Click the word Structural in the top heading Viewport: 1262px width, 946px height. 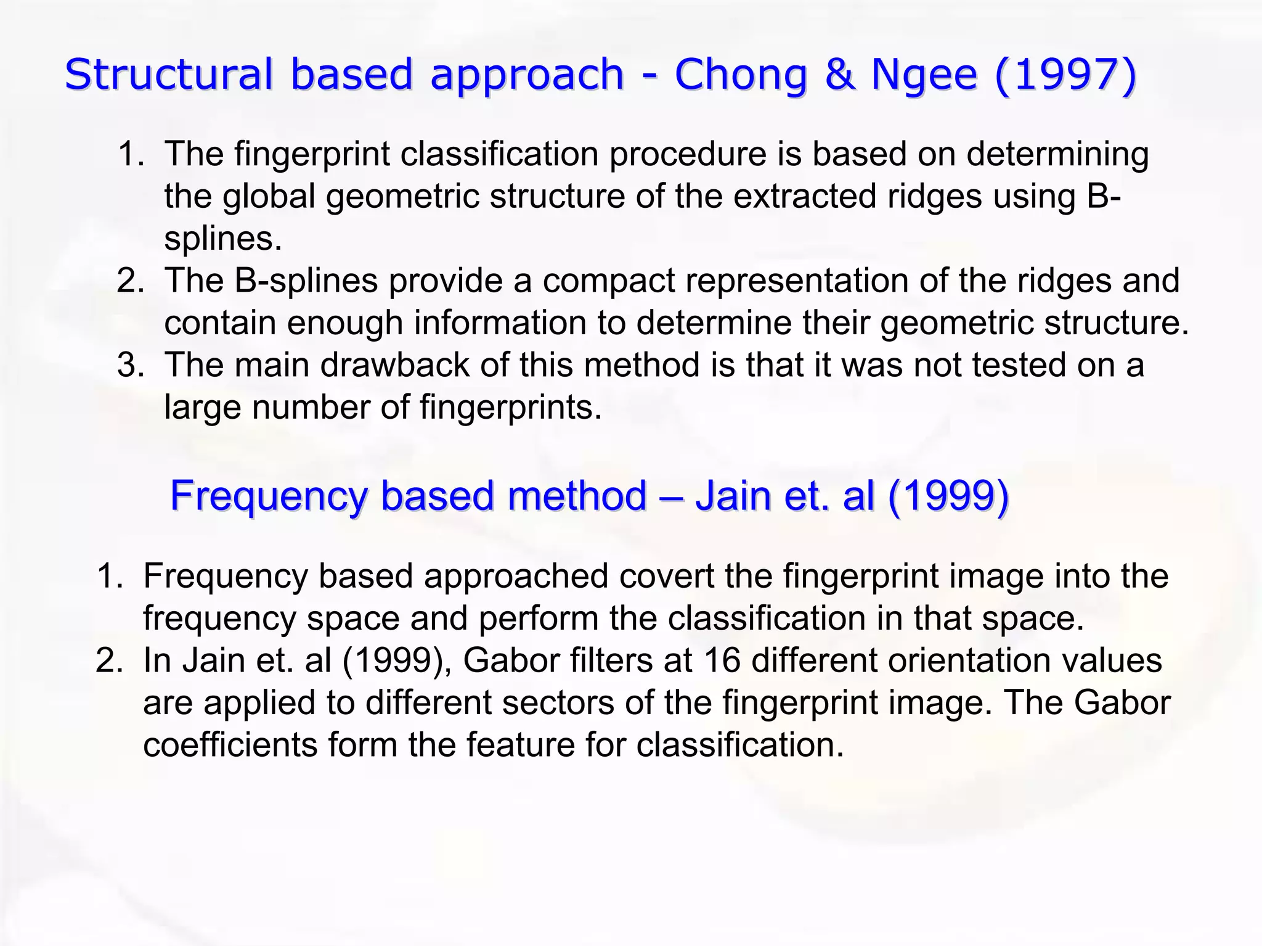click(168, 74)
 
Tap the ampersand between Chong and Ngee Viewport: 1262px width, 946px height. click(839, 74)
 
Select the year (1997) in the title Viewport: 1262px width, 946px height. click(1065, 74)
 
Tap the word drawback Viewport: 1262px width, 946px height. click(394, 364)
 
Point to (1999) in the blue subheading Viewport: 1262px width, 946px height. click(948, 495)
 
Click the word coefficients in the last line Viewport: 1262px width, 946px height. click(230, 744)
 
